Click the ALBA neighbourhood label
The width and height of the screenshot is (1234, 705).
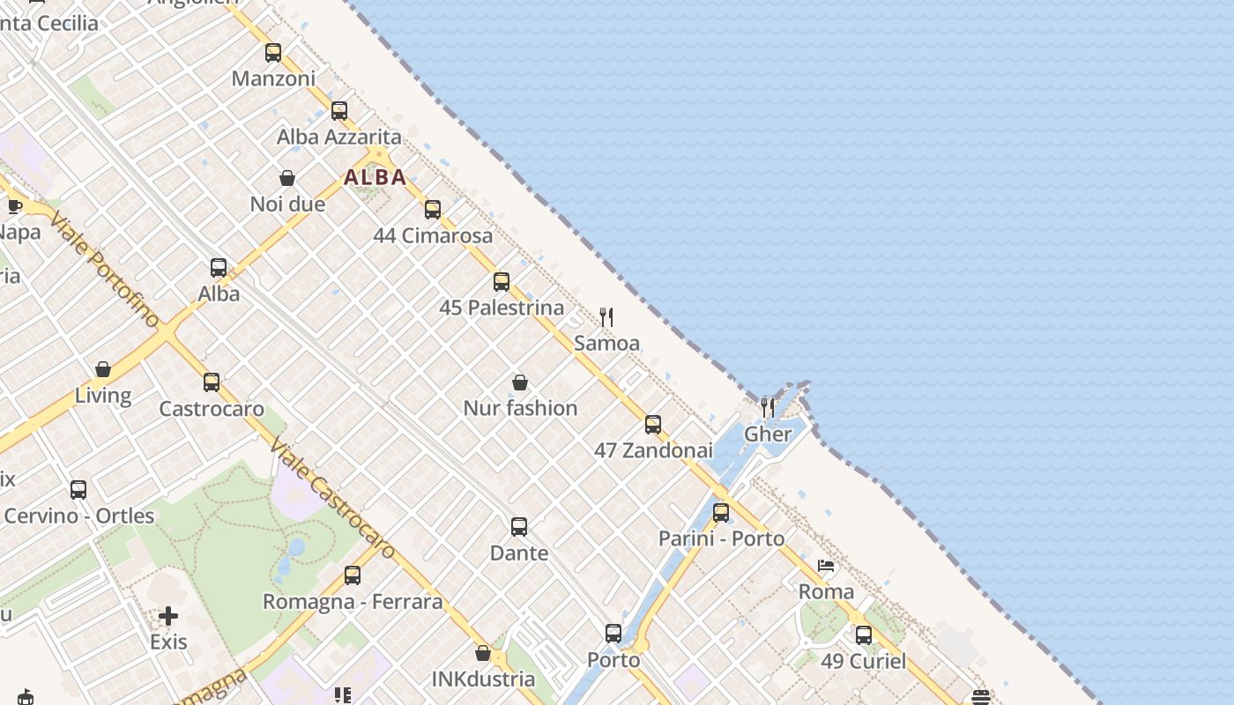click(x=375, y=177)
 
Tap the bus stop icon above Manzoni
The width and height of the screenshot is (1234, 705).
click(x=273, y=53)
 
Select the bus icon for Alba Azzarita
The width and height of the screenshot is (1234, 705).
click(x=339, y=111)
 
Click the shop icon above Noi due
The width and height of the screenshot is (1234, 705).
click(x=287, y=179)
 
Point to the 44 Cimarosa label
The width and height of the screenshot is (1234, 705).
click(x=433, y=235)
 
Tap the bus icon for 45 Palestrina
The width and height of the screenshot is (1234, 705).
click(x=502, y=282)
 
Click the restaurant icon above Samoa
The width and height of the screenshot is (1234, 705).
click(x=606, y=317)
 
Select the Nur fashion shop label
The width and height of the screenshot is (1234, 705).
click(x=520, y=408)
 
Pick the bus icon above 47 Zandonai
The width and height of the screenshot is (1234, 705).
click(x=653, y=425)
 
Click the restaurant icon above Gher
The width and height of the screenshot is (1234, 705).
click(x=768, y=407)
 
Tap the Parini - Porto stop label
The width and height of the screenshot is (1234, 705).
click(x=721, y=538)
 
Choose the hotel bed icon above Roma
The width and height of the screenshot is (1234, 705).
click(x=826, y=566)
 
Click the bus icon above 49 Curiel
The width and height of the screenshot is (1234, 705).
click(x=864, y=634)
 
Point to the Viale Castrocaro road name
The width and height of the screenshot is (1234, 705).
click(x=334, y=498)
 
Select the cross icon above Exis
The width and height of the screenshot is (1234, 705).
click(x=168, y=615)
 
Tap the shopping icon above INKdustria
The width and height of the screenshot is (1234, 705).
click(x=483, y=653)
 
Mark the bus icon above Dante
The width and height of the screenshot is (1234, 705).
click(x=519, y=527)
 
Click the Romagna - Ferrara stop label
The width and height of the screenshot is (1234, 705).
click(x=353, y=602)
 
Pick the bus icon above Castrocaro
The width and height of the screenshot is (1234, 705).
click(x=212, y=382)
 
